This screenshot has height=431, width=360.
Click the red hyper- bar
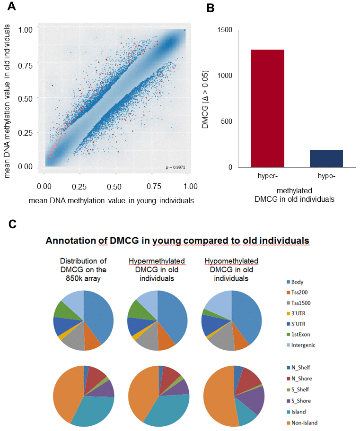pyautogui.click(x=267, y=108)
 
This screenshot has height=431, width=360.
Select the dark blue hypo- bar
pyautogui.click(x=326, y=158)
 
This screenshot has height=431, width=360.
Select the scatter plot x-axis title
pyautogui.click(x=112, y=200)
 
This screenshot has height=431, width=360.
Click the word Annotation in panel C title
pyautogui.click(x=69, y=241)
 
